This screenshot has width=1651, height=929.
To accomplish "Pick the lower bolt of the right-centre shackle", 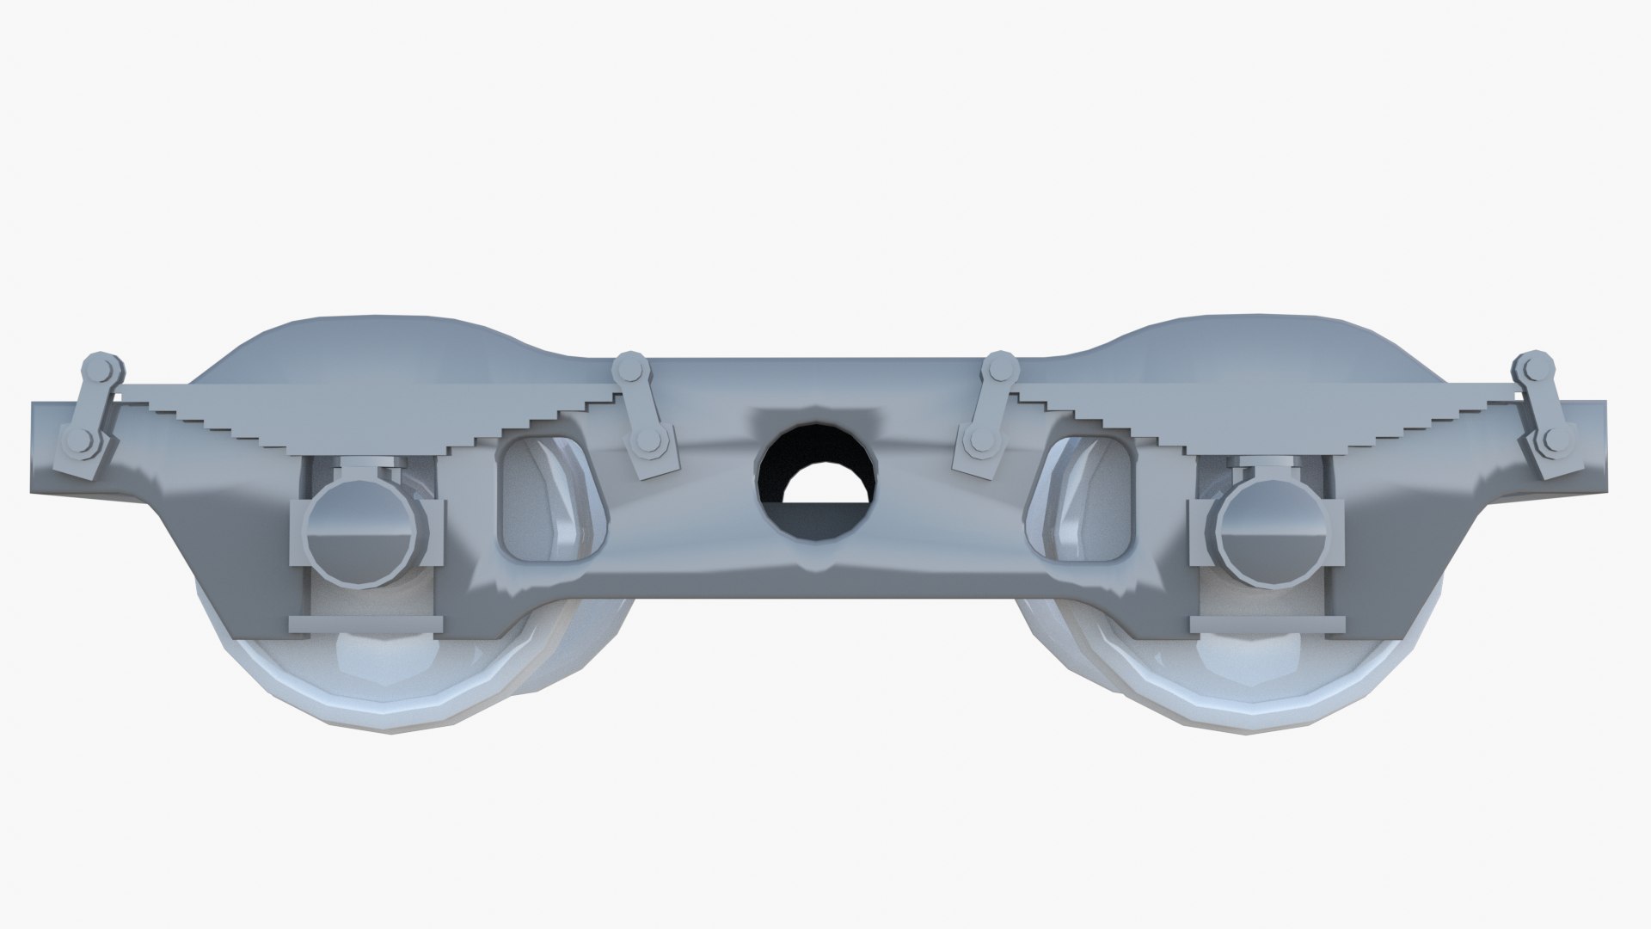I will [x=978, y=444].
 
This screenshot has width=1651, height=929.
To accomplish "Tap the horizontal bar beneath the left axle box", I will [x=365, y=622].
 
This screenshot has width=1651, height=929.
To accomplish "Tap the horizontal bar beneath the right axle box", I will [x=1266, y=622].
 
